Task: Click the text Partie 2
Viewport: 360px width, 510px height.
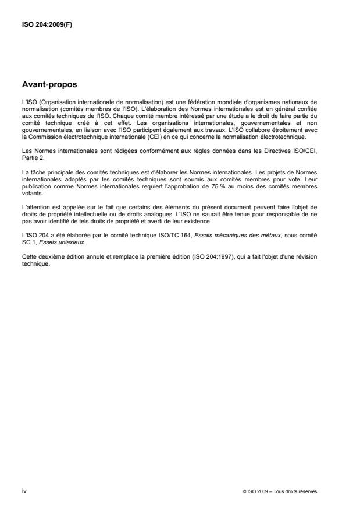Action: [33, 157]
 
